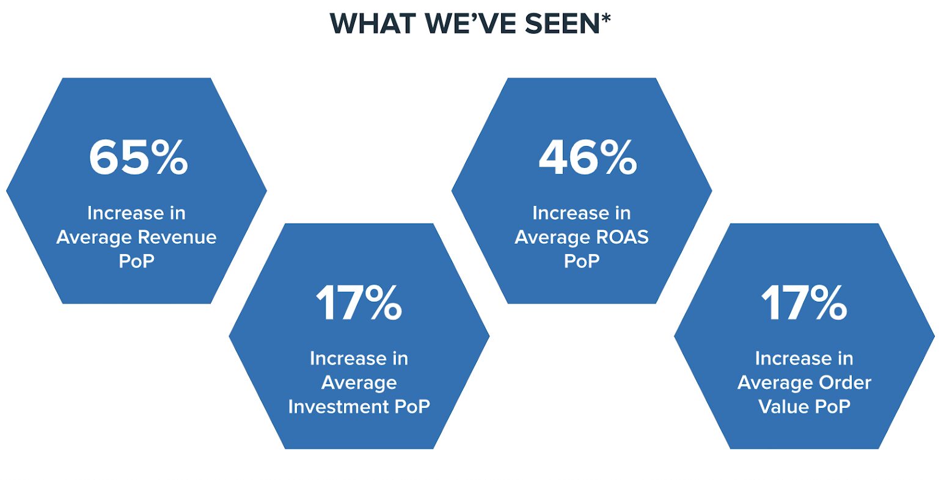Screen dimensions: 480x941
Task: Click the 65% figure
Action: coord(138,158)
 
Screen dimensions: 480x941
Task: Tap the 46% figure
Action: coord(587,158)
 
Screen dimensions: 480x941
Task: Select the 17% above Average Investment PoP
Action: coord(359,303)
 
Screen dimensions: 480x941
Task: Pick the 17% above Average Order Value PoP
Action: coord(804,303)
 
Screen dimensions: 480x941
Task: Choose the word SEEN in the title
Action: coord(562,24)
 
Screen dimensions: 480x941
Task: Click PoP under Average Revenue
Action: coord(136,261)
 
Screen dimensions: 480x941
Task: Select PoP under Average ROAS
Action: coord(581,261)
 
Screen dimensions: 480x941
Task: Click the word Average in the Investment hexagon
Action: coord(359,383)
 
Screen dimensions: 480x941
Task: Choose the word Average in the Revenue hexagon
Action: coord(93,237)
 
